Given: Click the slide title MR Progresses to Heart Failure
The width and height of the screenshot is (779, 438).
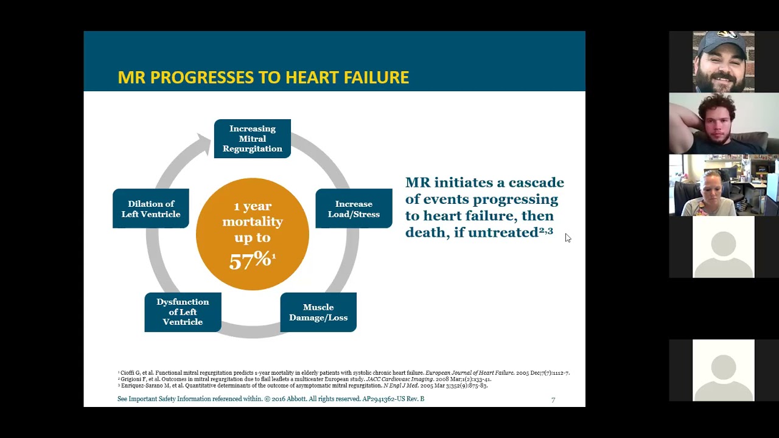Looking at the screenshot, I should pyautogui.click(x=263, y=78).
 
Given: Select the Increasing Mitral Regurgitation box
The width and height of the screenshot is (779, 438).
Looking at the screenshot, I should pyautogui.click(x=252, y=139).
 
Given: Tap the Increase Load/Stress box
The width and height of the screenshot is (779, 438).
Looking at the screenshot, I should pyautogui.click(x=354, y=209).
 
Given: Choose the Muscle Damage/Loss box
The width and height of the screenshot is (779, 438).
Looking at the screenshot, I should pyautogui.click(x=318, y=312).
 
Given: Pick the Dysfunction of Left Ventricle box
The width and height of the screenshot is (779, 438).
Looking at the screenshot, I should pyautogui.click(x=183, y=312).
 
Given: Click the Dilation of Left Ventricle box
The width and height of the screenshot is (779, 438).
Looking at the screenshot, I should pyautogui.click(x=151, y=209).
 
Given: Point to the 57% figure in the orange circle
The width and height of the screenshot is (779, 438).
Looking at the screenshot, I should pyautogui.click(x=251, y=260).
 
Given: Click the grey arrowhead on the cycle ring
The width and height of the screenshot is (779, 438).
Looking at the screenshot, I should pyautogui.click(x=201, y=144).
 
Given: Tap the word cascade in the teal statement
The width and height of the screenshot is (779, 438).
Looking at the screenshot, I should pyautogui.click(x=536, y=183).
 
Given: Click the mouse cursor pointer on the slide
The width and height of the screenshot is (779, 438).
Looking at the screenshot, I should pyautogui.click(x=567, y=237).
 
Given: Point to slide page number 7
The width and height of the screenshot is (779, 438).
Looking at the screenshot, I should pyautogui.click(x=553, y=400).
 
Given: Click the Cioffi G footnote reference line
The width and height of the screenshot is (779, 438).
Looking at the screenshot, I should pyautogui.click(x=343, y=373).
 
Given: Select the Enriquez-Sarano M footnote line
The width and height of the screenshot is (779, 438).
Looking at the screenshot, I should pyautogui.click(x=302, y=386).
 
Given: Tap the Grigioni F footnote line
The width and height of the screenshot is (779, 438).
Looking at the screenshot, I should pyautogui.click(x=304, y=379).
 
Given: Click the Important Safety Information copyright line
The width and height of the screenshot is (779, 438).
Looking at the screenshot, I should pyautogui.click(x=271, y=399).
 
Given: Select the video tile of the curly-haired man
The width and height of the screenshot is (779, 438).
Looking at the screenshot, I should pyautogui.click(x=724, y=123).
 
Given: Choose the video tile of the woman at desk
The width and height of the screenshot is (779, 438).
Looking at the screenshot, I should pyautogui.click(x=724, y=185).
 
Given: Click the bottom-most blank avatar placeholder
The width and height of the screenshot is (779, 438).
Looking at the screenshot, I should pyautogui.click(x=724, y=370).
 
